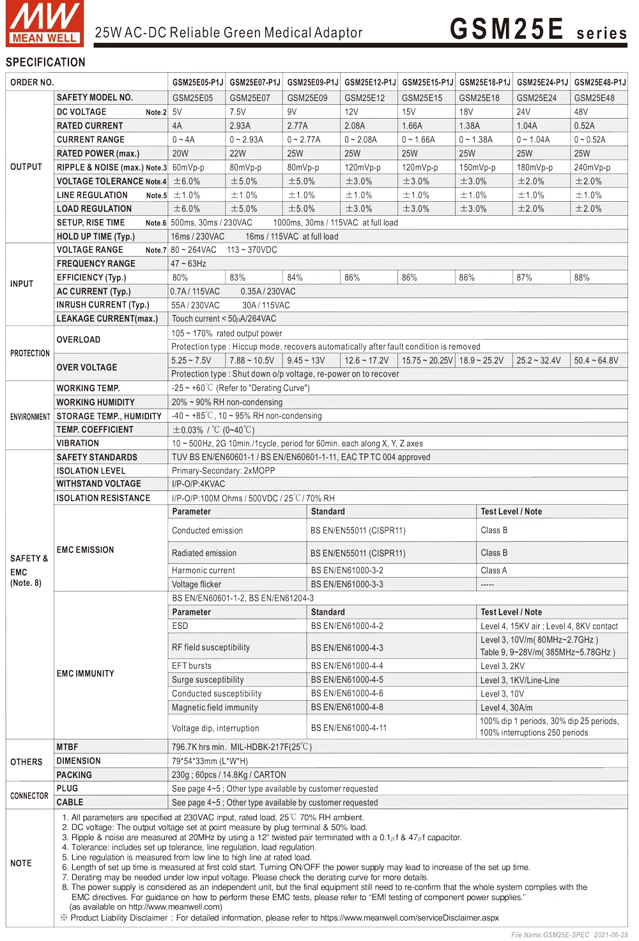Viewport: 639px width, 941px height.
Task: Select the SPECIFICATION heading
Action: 45,62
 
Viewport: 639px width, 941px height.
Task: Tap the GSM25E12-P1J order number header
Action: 370,82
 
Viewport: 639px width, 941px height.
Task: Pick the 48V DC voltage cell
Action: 581,112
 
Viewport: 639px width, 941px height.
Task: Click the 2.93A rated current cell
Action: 240,126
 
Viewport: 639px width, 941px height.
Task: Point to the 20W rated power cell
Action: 180,153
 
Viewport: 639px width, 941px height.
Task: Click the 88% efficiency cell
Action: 581,278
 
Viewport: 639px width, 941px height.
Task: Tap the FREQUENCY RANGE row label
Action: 96,264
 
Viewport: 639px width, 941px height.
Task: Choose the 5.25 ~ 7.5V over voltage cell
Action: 191,361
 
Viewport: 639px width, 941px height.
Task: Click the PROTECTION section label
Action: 29,353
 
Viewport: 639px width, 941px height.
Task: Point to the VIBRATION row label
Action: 78,443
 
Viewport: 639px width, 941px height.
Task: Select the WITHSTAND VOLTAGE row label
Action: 98,484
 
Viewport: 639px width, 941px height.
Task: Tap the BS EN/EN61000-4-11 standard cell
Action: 348,728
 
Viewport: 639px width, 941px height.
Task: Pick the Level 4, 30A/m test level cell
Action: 506,707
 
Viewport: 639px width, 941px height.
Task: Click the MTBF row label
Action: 67,747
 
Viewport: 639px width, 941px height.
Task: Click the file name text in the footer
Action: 569,935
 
